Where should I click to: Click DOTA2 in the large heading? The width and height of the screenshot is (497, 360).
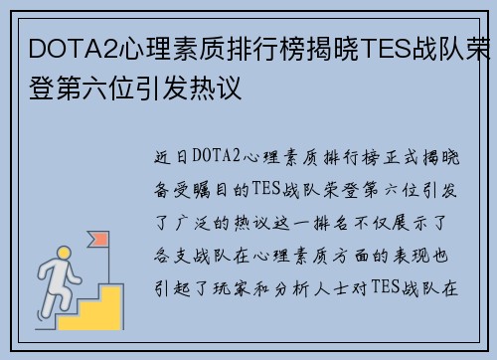pyautogui.click(x=74, y=49)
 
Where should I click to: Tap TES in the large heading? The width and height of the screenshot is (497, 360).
pyautogui.click(x=387, y=49)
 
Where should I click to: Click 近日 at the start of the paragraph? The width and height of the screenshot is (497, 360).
pyautogui.click(x=171, y=157)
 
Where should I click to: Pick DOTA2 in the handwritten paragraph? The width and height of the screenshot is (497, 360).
pyautogui.click(x=216, y=155)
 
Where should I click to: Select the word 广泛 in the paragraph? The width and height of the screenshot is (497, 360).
pyautogui.click(x=193, y=223)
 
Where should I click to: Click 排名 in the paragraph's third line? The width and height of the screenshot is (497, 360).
pyautogui.click(x=331, y=223)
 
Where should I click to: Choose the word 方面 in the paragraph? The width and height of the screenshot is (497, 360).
pyautogui.click(x=351, y=256)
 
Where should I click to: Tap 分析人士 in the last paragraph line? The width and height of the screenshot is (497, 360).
pyautogui.click(x=311, y=288)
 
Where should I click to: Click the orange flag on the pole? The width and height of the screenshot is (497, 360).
pyautogui.click(x=98, y=239)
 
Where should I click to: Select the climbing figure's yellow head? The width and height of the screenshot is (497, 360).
pyautogui.click(x=64, y=254)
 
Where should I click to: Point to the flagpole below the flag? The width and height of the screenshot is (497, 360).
pyautogui.click(x=108, y=266)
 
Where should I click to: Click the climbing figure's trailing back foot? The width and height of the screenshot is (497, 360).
pyautogui.click(x=42, y=315)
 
